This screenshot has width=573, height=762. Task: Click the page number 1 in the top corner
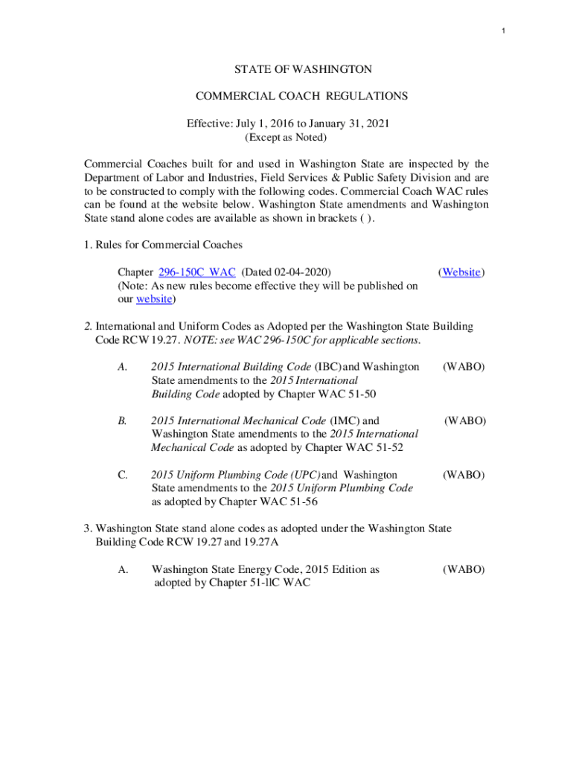point(504,31)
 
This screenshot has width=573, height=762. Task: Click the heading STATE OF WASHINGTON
point(303,69)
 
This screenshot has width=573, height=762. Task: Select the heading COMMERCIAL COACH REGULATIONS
point(301,96)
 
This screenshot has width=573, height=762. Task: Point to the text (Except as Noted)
point(286,138)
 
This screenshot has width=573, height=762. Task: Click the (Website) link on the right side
point(461,272)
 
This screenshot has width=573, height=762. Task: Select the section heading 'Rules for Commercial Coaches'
point(169,245)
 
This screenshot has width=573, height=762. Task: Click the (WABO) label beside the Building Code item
point(464,367)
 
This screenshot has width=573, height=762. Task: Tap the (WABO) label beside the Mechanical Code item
point(465,420)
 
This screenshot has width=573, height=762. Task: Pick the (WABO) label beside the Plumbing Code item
point(464,475)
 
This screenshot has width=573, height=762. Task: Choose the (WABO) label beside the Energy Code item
point(464,569)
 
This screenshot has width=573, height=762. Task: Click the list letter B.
point(122,420)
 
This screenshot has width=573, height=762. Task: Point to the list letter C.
point(122,475)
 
